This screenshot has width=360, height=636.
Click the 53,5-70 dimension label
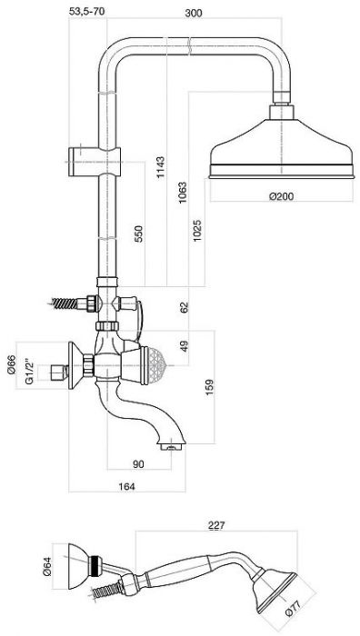pos(87,11)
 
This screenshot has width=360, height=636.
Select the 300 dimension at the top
pos(194,13)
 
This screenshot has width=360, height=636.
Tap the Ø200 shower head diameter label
pos(282,196)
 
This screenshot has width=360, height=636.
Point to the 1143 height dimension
pos(161,166)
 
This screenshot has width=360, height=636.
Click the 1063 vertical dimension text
pos(183,193)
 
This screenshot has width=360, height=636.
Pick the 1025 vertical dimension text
pos(197,231)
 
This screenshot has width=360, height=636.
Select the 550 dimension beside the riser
pos(139,234)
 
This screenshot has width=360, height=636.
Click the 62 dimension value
pos(185,307)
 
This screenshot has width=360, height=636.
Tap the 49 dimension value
pos(185,346)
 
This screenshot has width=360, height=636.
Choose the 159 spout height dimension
pos(209,387)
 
